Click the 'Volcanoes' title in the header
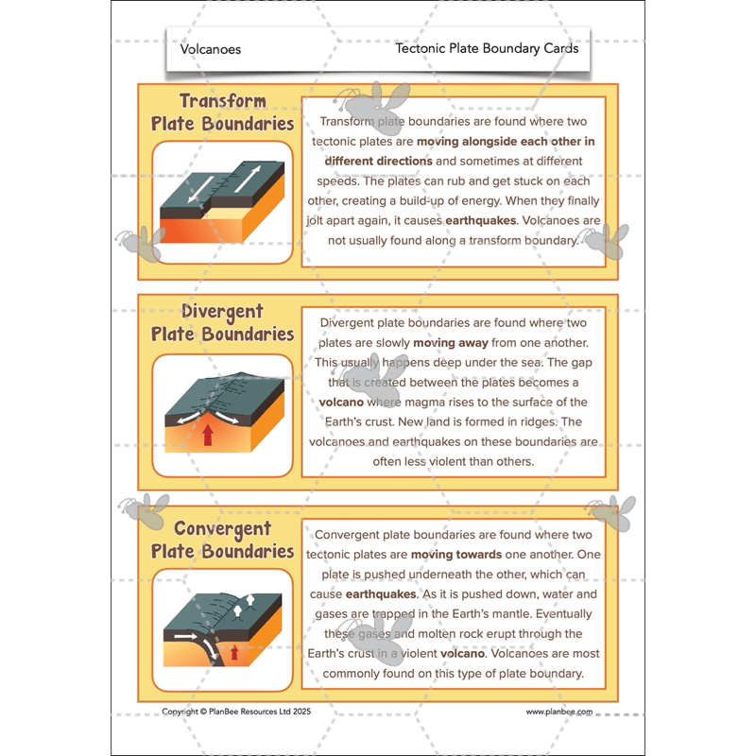click(211, 49)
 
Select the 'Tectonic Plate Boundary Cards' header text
click(487, 48)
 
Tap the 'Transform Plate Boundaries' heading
click(223, 112)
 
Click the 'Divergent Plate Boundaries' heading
click(223, 322)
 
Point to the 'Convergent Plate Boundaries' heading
click(223, 540)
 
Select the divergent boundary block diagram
click(223, 414)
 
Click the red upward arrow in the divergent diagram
click(207, 434)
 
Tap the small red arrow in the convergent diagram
click(234, 652)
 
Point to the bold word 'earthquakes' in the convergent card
click(381, 594)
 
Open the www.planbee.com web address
click(558, 712)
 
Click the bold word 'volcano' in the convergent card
click(462, 654)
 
